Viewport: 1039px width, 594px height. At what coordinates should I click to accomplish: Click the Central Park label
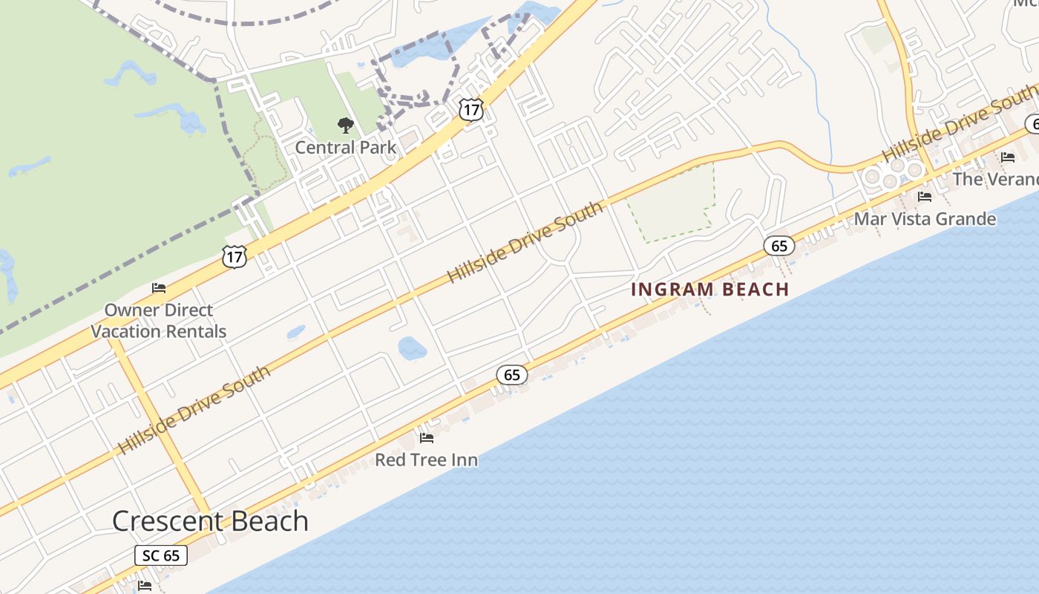point(346,147)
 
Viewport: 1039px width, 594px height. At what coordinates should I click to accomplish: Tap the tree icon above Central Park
point(345,125)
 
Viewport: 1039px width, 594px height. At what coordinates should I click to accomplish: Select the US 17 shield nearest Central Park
point(471,110)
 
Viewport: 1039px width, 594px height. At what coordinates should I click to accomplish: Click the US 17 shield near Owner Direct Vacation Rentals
point(235,257)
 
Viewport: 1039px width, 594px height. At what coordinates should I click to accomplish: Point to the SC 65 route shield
point(161,555)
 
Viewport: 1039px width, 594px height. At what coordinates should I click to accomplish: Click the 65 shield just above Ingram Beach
point(779,246)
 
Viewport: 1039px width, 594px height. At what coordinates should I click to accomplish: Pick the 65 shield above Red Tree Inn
point(512,375)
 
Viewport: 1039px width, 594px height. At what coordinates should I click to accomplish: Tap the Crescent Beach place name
point(210,520)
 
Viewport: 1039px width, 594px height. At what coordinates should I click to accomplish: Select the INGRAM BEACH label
point(709,290)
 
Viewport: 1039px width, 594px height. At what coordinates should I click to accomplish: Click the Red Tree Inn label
point(426,460)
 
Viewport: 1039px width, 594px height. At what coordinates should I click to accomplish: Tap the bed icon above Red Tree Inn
point(427,438)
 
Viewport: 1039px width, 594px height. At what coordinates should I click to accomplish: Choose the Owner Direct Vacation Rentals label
point(158,321)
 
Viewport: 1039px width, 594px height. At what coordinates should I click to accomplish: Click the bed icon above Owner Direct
point(159,288)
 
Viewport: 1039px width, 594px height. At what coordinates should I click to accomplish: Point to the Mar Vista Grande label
point(925,219)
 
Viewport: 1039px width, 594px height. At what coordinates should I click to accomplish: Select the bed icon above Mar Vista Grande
point(925,197)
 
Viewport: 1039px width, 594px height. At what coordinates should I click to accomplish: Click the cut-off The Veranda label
point(995,179)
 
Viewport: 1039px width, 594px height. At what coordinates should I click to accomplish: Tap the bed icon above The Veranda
point(1008,157)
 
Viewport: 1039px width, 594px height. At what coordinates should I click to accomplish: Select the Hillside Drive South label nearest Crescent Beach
point(194,410)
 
